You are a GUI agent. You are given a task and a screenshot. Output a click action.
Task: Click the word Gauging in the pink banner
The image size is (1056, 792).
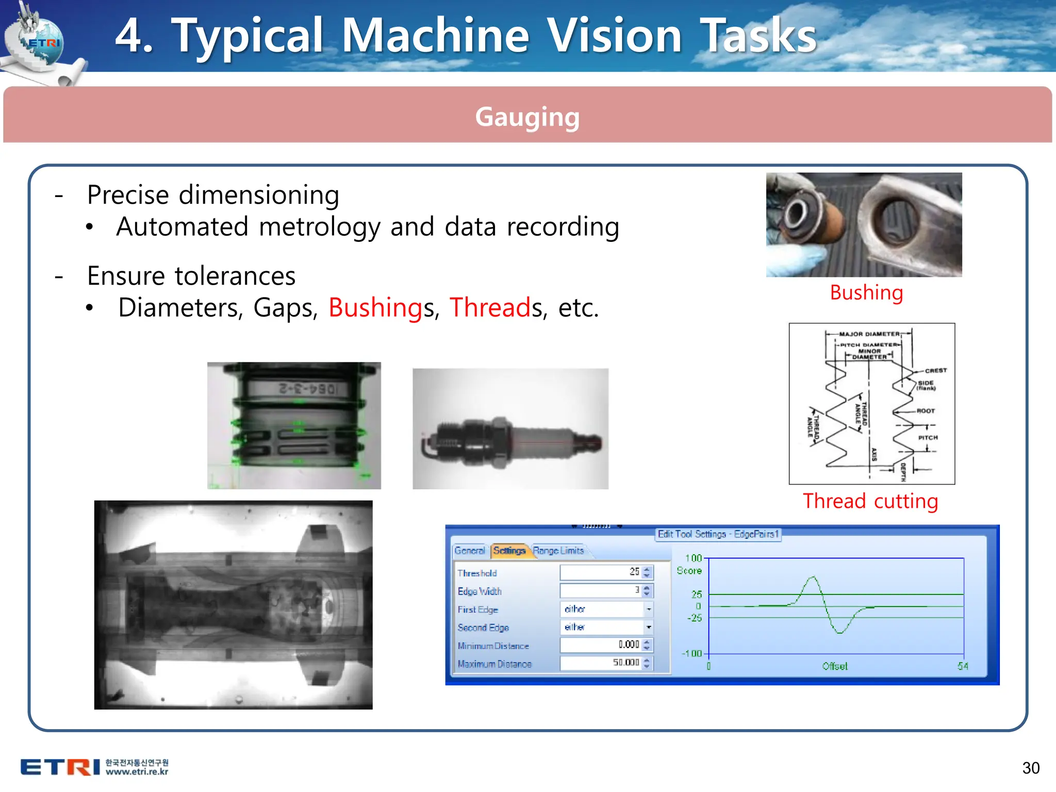pos(527,117)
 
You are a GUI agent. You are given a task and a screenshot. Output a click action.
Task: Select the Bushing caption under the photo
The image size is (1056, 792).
pos(866,293)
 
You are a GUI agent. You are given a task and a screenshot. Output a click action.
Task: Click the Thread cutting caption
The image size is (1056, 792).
pos(870,501)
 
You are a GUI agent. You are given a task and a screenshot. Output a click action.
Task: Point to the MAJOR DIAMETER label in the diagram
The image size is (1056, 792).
pos(869,334)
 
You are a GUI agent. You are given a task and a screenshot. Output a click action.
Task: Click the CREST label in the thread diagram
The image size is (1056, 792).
pos(935,371)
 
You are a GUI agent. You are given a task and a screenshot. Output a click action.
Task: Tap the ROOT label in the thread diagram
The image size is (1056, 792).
pos(926,411)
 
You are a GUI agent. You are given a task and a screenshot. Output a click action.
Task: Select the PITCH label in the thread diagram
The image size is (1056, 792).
pos(928,438)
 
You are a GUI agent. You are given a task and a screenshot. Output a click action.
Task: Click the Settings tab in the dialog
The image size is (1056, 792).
pos(509,551)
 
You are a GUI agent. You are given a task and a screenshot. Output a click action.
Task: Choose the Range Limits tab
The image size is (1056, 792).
pos(558,551)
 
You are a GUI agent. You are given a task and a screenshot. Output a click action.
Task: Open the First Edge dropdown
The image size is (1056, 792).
pos(649,609)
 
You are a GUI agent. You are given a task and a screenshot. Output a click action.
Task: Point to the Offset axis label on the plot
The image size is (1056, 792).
pos(834,666)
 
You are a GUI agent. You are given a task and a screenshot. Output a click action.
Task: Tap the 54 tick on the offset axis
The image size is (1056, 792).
pos(962,666)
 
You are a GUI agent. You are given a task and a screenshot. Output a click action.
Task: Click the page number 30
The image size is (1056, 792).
pos(1030,768)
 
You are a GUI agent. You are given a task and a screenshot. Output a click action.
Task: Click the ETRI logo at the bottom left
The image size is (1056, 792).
pos(60,767)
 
